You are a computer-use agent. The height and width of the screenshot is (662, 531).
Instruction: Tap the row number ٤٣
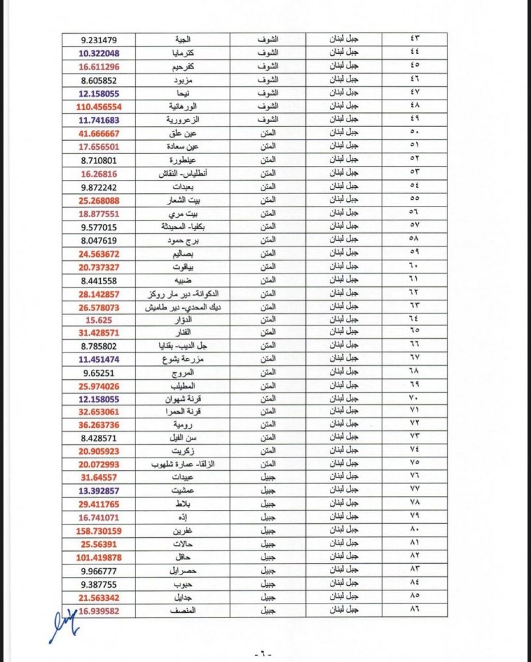tap(417, 40)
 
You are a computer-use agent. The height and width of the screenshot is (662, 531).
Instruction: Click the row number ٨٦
tap(417, 610)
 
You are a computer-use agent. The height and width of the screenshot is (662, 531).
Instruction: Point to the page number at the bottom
tap(265, 654)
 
